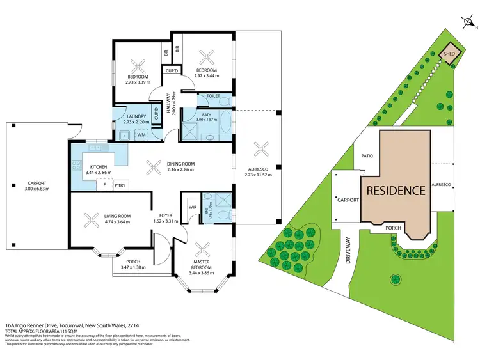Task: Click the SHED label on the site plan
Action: click(x=450, y=54)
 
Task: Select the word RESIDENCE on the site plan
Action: click(x=395, y=190)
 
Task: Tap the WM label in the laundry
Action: click(x=141, y=135)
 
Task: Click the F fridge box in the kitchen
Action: click(x=104, y=185)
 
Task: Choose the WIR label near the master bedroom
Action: click(x=192, y=207)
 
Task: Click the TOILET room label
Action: click(x=213, y=96)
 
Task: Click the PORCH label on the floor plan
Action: click(x=134, y=261)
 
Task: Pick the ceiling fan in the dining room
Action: click(x=152, y=168)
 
